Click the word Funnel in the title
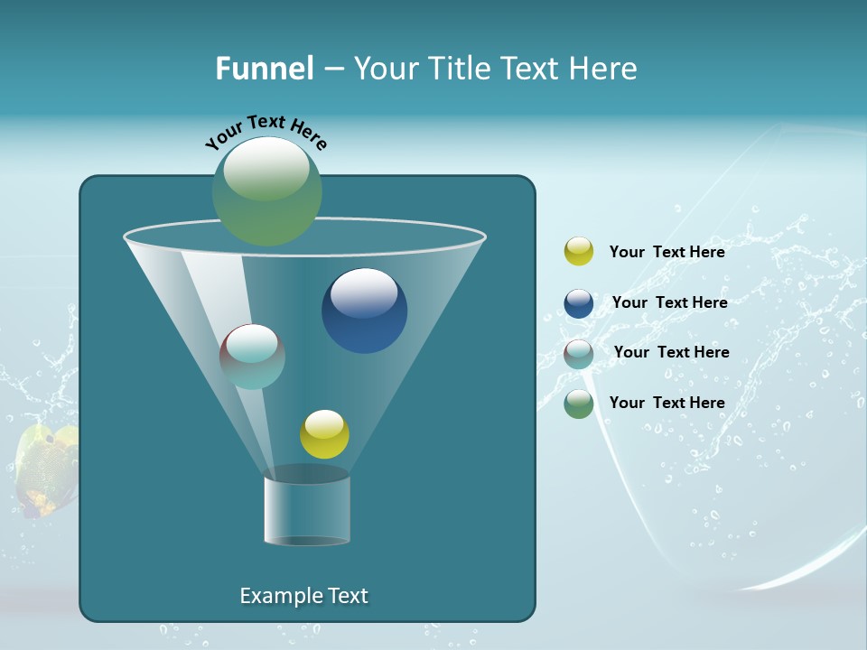point(265,69)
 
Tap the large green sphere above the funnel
point(266,191)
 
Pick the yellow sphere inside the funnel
point(324,435)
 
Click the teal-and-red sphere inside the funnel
point(253,357)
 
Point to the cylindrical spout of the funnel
point(306,511)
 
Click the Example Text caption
point(303,596)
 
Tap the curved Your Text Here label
point(266,131)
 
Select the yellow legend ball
point(579,252)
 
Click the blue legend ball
point(579,303)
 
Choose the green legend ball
point(579,404)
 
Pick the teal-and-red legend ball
point(579,353)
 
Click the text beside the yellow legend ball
point(667,252)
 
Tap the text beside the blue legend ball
point(669,302)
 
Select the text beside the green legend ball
point(667,403)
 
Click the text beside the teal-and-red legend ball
point(671,352)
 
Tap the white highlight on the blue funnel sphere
point(364,292)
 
